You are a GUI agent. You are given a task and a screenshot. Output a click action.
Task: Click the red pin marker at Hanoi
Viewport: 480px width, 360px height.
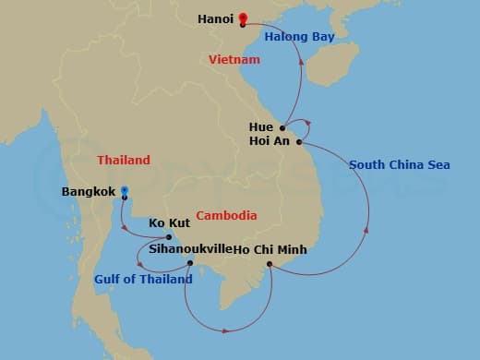[243, 17]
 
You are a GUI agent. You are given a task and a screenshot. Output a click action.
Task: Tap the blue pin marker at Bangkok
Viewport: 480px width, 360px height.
[125, 193]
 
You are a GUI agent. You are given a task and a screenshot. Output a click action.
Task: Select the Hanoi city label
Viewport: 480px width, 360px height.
[215, 18]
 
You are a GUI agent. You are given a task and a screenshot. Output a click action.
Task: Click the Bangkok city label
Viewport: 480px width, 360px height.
[89, 192]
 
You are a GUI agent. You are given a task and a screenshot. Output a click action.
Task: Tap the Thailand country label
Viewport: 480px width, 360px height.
[123, 160]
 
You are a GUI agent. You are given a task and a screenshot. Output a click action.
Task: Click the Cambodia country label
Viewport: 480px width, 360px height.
[227, 215]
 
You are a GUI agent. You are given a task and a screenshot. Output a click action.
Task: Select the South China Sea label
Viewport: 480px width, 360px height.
[400, 164]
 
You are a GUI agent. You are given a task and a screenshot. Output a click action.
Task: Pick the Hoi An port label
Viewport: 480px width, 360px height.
[270, 141]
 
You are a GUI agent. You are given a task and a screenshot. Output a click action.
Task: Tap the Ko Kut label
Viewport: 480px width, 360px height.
[170, 222]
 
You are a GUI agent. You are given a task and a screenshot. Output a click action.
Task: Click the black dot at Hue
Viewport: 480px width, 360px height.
[283, 126]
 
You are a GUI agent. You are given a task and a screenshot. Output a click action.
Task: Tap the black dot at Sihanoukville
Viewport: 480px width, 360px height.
[191, 263]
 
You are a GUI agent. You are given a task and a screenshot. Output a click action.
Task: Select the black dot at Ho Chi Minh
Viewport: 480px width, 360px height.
[270, 264]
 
